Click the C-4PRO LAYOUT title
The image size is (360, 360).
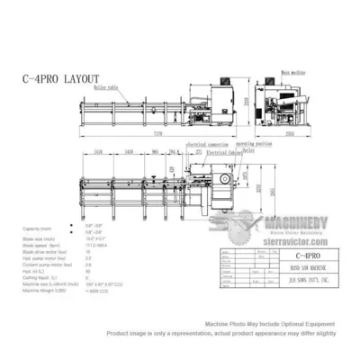click(x=61, y=79)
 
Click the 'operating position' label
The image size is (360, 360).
click(x=255, y=144)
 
